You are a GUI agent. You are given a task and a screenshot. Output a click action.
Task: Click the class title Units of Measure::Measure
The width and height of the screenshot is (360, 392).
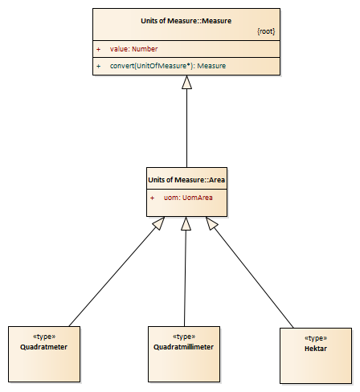click(x=186, y=21)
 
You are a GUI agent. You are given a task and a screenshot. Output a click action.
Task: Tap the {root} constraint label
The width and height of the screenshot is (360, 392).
click(x=266, y=31)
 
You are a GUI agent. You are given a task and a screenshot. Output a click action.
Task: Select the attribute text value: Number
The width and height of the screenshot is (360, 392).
click(x=133, y=49)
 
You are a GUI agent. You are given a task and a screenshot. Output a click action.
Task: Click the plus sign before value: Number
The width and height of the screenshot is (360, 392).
click(x=99, y=49)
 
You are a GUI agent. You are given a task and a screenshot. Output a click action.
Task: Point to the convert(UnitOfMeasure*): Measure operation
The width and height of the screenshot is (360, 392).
click(x=168, y=66)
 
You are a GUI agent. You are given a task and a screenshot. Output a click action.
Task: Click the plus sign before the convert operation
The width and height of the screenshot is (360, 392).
click(x=99, y=66)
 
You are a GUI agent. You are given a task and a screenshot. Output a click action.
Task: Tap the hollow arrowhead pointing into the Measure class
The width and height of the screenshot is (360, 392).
click(x=186, y=82)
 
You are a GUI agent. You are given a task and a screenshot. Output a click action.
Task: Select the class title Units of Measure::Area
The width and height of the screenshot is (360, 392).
click(x=186, y=180)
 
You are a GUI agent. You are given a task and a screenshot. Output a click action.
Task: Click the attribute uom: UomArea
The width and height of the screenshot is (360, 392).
click(x=188, y=198)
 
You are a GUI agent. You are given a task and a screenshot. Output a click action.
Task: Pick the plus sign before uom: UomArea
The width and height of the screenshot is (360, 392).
click(x=152, y=198)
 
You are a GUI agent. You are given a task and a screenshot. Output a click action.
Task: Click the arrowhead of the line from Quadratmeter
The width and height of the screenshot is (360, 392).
click(x=159, y=223)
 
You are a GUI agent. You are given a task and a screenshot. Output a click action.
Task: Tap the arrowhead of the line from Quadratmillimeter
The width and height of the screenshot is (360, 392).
click(x=186, y=223)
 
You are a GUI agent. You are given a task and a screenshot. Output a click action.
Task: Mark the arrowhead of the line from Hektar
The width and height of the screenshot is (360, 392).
click(x=211, y=223)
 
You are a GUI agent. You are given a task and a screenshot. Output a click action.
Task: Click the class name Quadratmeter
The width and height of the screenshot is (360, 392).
click(x=43, y=347)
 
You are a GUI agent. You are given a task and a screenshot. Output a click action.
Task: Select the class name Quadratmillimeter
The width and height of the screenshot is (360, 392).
click(x=183, y=347)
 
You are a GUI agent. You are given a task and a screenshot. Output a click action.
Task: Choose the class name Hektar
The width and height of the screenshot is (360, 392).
click(x=316, y=349)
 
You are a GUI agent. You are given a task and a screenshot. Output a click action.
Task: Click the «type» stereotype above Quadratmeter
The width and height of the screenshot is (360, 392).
click(x=44, y=337)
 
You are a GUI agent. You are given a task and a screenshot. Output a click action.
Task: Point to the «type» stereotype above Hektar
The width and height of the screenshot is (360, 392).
click(x=316, y=338)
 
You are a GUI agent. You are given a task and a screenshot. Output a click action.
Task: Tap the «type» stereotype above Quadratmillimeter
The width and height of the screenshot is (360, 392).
click(x=184, y=337)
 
